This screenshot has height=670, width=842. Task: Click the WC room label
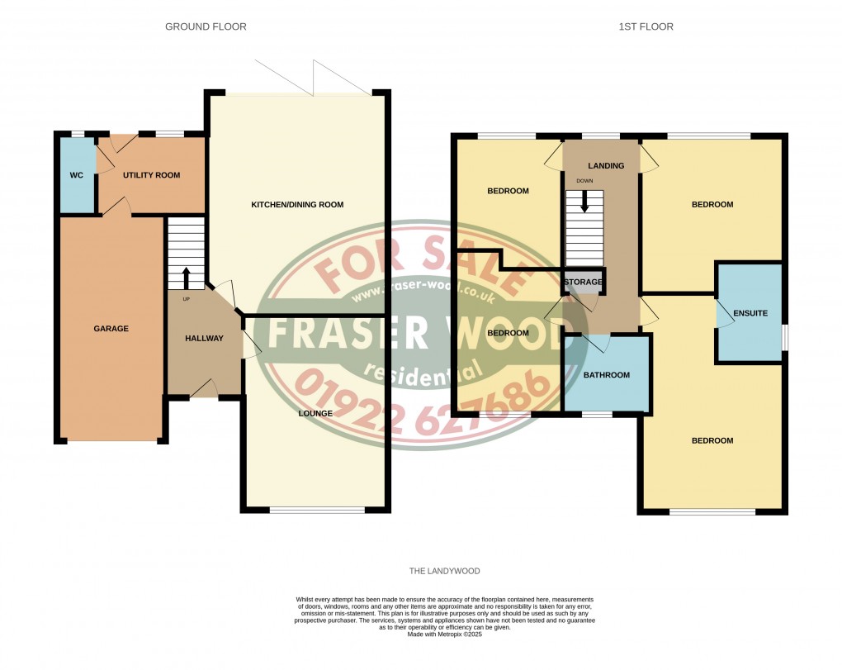point(76,175)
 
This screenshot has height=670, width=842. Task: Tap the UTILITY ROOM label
point(151,175)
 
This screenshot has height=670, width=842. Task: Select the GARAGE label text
point(111,328)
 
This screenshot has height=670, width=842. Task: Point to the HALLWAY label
point(204,338)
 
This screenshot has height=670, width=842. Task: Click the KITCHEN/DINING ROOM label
point(297,205)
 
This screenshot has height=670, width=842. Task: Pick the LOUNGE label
point(315,413)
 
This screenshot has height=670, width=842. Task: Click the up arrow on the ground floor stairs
point(187,278)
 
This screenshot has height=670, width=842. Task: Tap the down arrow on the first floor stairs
point(584,202)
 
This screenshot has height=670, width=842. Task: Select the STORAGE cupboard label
point(583,282)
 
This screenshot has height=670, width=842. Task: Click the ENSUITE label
point(750,313)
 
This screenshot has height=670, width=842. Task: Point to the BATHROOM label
point(607,375)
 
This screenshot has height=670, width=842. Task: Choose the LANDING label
point(606,166)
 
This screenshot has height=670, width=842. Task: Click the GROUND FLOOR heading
point(206,27)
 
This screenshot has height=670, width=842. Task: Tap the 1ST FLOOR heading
point(646,27)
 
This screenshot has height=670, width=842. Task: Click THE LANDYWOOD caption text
point(445,571)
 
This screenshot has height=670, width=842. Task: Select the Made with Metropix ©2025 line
point(445,634)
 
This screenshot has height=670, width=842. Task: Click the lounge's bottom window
point(317,510)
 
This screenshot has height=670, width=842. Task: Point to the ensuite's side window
point(784,337)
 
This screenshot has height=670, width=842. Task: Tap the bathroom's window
point(598,414)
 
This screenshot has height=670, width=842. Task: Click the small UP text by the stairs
point(187,299)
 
